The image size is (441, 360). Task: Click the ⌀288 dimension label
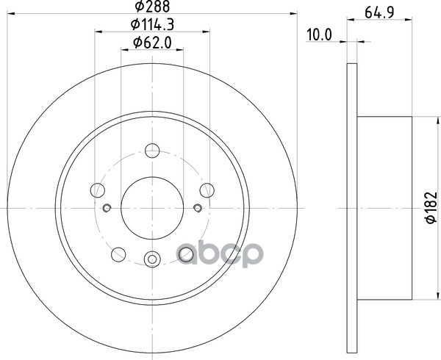point(152,6)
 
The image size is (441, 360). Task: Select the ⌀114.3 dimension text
point(152,24)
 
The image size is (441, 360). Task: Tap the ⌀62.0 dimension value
point(152,43)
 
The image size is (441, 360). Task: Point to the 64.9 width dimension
point(379,12)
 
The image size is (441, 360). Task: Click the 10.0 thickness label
point(319,35)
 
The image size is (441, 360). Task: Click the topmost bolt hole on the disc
point(152,151)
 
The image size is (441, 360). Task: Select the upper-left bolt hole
point(98,190)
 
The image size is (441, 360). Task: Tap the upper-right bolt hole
point(207,190)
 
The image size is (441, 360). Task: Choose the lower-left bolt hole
point(118,254)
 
